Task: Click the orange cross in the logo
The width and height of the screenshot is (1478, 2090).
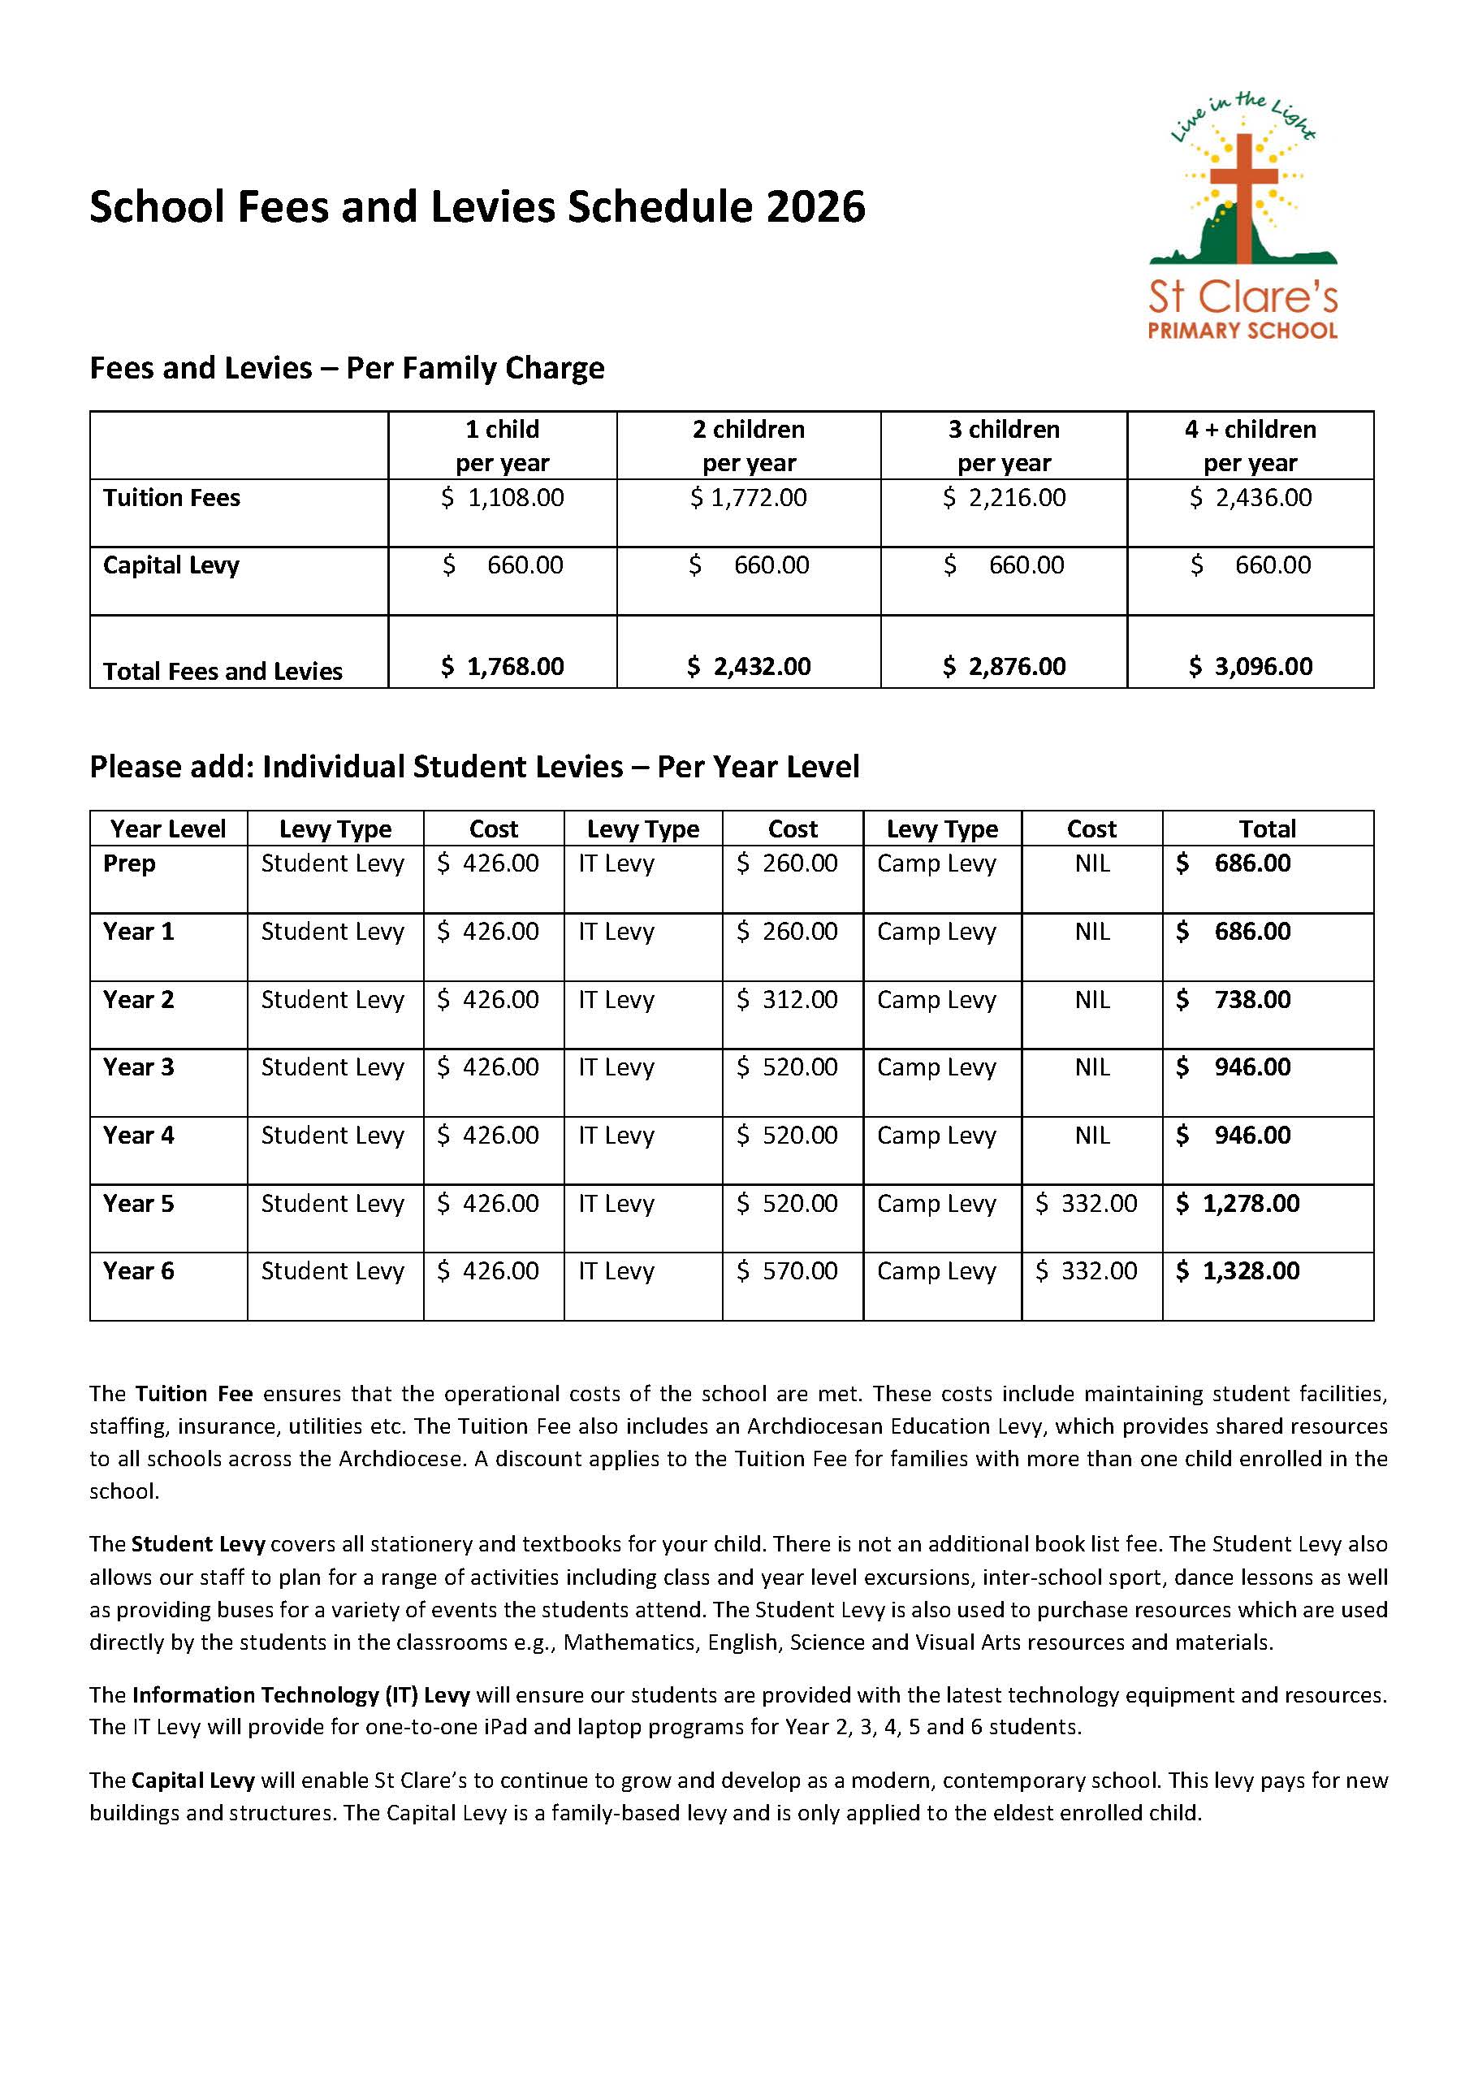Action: click(1243, 178)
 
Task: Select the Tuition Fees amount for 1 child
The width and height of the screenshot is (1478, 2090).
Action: click(503, 498)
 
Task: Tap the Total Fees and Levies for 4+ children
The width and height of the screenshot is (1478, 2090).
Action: click(1251, 666)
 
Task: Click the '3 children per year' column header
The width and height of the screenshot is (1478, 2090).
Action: click(1004, 446)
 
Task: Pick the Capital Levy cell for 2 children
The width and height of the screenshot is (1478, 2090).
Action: click(749, 565)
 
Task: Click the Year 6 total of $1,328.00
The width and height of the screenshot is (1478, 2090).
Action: click(1238, 1270)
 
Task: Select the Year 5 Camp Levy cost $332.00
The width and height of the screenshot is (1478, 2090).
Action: click(1087, 1203)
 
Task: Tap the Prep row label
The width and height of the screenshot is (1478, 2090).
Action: click(129, 863)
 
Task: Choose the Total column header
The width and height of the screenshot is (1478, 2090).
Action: click(1267, 829)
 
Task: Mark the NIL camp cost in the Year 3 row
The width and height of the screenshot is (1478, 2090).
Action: click(1092, 1067)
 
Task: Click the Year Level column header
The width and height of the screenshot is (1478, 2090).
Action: click(168, 829)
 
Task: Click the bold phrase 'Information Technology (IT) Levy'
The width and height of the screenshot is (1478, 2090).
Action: click(300, 1695)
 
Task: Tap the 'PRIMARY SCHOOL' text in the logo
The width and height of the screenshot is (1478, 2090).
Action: click(1242, 331)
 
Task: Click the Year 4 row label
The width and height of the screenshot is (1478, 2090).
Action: click(138, 1135)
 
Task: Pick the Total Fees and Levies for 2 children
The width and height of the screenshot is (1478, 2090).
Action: click(749, 666)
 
